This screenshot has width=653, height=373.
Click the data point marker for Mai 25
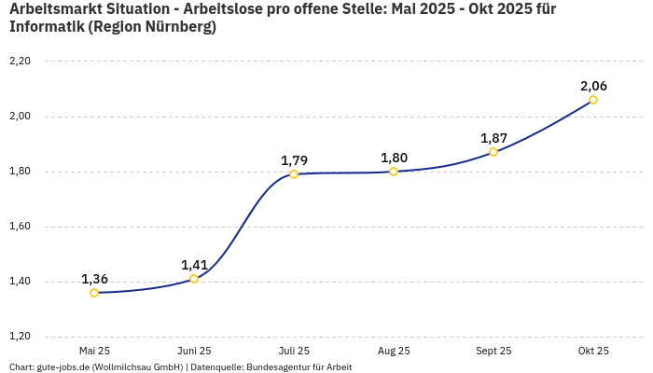(94, 293)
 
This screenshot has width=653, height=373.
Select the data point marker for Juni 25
(194, 279)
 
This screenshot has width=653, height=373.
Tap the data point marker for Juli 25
(294, 174)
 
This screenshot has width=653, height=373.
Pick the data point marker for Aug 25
(394, 172)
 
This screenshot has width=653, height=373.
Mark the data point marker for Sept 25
(493, 152)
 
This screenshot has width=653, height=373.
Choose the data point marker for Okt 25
(593, 100)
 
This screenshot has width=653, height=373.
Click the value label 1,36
(94, 279)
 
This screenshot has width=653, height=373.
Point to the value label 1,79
(294, 160)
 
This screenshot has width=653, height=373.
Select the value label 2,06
(593, 86)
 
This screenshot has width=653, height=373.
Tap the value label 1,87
(493, 138)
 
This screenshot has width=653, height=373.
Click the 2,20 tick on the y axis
(20, 62)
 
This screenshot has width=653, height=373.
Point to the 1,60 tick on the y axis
(20, 227)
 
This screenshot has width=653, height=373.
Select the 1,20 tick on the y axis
(20, 337)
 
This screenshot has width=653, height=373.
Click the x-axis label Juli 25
(294, 351)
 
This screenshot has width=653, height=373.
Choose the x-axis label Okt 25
(593, 351)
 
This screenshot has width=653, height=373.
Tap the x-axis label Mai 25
(94, 351)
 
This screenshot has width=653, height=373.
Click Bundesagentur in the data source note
(276, 366)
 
